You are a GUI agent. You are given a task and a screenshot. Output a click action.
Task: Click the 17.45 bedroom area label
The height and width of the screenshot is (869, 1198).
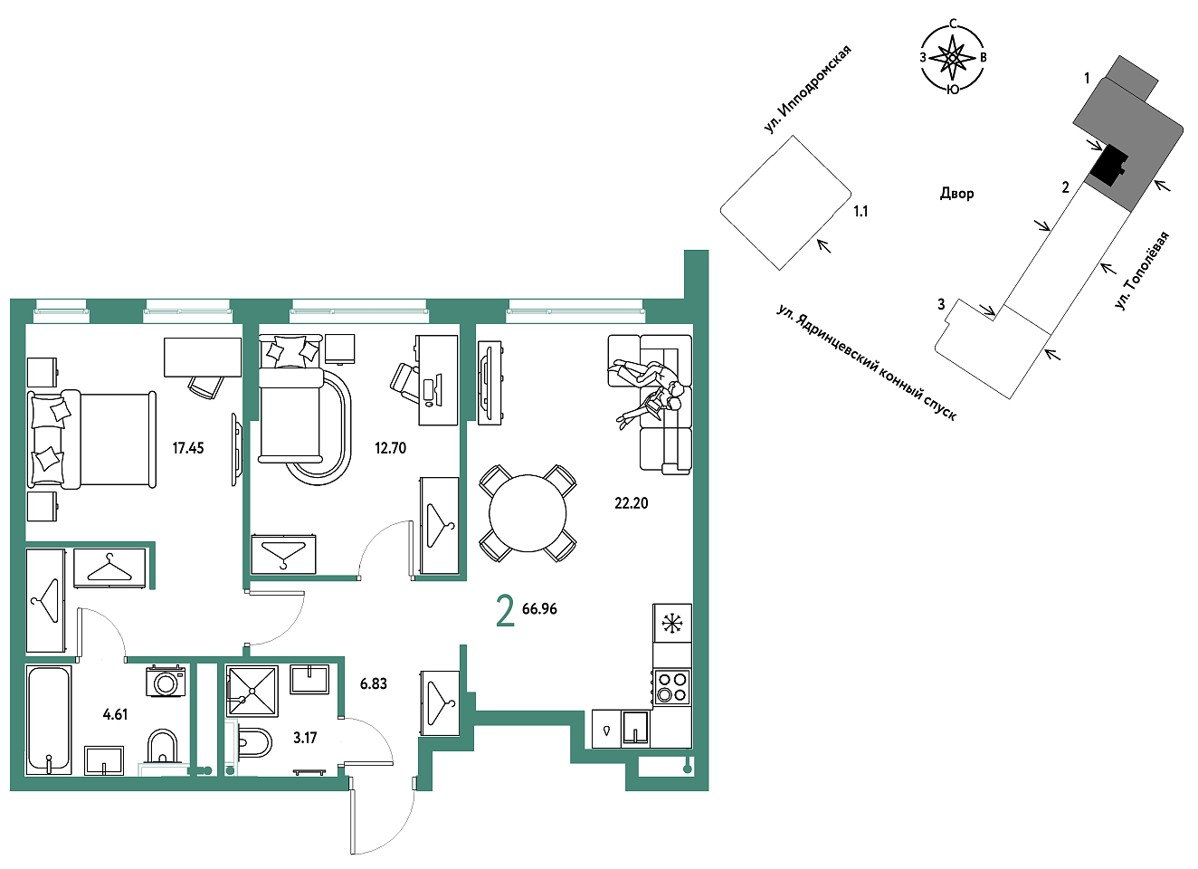(187, 448)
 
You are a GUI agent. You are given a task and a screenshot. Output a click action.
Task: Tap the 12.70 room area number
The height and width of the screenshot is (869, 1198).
(390, 448)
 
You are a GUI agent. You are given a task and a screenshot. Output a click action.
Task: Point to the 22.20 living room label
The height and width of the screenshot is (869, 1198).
(631, 503)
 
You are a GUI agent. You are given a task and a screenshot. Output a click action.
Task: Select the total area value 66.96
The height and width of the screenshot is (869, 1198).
(539, 609)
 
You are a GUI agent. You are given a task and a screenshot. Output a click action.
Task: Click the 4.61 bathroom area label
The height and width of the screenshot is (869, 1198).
(115, 714)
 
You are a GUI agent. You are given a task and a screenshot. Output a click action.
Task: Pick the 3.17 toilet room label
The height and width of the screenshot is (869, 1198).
(305, 738)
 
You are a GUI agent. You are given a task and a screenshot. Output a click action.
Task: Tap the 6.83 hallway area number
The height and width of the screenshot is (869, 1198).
(374, 683)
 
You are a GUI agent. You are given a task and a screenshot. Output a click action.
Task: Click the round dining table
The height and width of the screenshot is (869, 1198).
(528, 513)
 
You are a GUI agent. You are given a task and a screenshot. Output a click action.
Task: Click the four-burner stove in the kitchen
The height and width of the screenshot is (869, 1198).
(672, 688)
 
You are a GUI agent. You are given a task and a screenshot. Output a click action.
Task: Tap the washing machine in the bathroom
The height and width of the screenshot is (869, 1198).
(166, 682)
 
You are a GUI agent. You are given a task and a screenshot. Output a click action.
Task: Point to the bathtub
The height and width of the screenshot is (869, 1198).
(49, 720)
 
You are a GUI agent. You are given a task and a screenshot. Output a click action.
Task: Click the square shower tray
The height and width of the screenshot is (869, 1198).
(252, 691)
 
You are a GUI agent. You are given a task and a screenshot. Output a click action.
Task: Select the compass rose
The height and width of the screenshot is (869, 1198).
(953, 57)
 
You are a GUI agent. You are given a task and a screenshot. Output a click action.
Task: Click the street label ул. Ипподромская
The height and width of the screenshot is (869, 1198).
(807, 90)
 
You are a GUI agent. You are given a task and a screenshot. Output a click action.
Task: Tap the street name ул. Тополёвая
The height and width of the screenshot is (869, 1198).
(1143, 271)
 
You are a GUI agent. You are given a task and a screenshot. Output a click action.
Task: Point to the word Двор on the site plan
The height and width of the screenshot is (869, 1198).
(956, 193)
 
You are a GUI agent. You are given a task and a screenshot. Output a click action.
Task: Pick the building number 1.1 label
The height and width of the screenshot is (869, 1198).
(860, 212)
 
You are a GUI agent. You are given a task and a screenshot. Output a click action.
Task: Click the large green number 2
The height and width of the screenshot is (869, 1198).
(506, 611)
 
